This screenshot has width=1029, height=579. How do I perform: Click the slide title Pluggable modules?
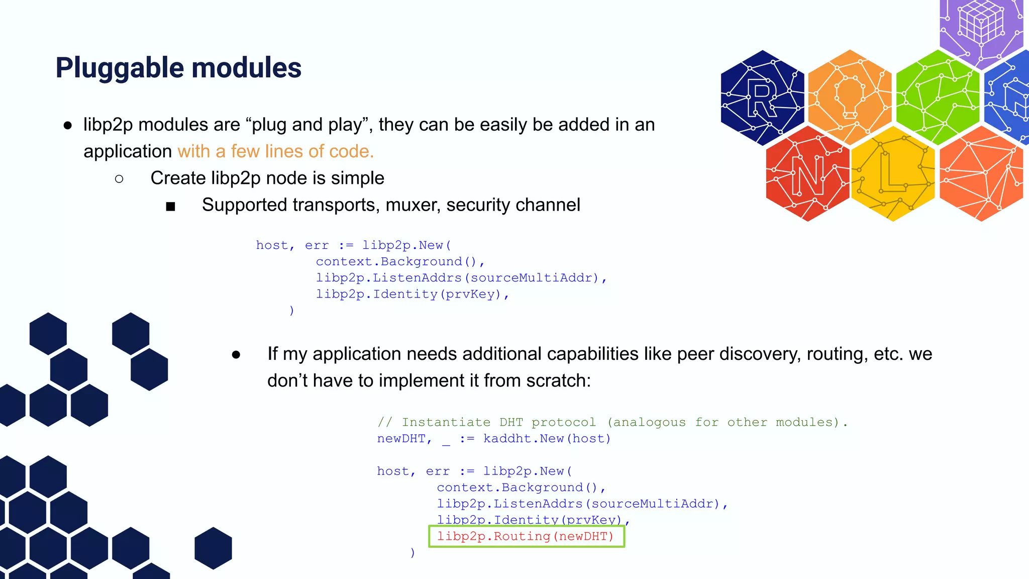tap(178, 68)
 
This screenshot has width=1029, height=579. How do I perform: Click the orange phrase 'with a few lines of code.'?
tap(275, 151)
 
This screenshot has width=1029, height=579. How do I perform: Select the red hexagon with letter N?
tap(807, 174)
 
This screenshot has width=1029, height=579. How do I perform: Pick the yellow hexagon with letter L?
tap(893, 174)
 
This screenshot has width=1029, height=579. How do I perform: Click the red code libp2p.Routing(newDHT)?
tap(526, 536)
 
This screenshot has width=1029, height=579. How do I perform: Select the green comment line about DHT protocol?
tap(612, 422)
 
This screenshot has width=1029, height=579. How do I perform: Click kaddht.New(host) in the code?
tap(547, 439)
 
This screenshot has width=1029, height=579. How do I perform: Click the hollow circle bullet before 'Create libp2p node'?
tap(119, 179)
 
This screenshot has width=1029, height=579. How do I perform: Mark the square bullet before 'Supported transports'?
tap(170, 206)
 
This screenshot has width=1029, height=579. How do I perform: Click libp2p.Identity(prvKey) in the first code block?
tap(408, 294)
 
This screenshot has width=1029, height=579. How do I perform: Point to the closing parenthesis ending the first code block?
tap(292, 311)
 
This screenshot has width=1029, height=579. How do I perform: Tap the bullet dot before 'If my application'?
tap(236, 355)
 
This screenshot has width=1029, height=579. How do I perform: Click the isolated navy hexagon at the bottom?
tap(213, 548)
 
